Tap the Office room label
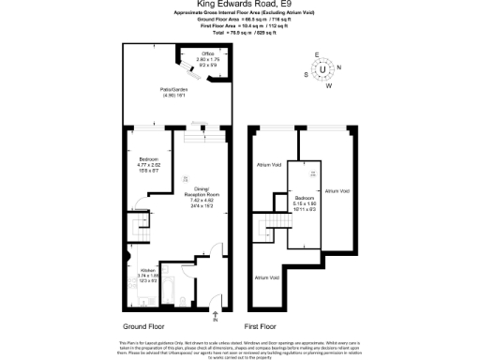208,59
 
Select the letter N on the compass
338,67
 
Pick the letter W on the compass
328,85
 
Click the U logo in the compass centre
323,69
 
